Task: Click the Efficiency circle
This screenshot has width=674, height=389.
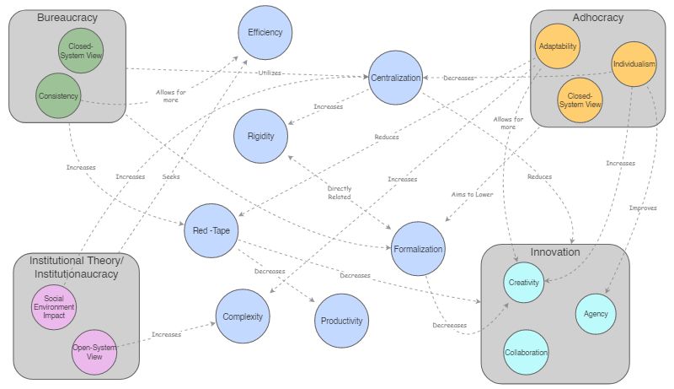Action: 265,32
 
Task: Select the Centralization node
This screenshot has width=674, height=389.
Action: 396,78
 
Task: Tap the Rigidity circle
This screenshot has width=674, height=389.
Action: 261,136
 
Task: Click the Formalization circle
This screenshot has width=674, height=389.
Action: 418,249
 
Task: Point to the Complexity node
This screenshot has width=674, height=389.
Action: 243,316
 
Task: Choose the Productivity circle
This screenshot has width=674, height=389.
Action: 341,321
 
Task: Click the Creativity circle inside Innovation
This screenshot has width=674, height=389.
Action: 523,283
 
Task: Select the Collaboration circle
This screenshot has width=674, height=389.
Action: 527,352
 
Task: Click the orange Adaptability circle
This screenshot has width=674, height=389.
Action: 557,46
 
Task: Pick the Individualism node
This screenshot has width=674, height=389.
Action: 634,63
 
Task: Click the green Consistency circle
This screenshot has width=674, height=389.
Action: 58,95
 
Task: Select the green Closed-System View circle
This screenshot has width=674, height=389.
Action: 82,50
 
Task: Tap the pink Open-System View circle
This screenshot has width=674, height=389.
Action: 94,351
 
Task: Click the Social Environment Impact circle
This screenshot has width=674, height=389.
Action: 54,308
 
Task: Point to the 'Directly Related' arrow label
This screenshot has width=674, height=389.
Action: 340,194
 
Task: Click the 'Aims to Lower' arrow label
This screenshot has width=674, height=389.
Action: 472,194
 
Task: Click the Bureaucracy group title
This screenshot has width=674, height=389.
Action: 67,18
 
